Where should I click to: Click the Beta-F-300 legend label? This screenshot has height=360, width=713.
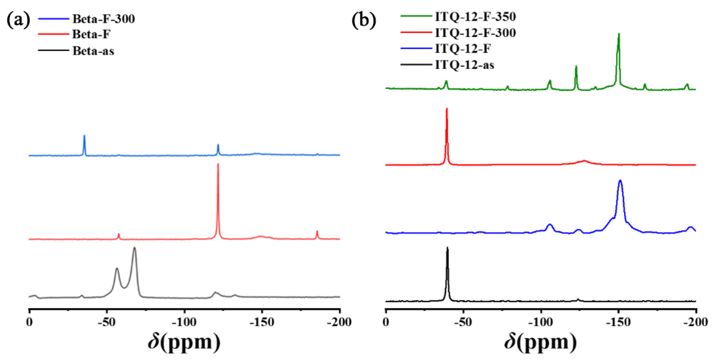[104, 19]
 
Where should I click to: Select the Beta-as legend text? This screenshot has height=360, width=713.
[93, 51]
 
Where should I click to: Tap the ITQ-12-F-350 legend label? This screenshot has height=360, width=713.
[475, 17]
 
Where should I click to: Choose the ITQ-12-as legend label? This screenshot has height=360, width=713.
[465, 65]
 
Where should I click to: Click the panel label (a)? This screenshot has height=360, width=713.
[18, 20]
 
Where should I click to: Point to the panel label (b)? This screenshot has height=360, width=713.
[364, 20]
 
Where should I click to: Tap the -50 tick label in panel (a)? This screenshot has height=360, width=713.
[107, 322]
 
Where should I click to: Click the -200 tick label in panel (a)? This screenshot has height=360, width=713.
[339, 322]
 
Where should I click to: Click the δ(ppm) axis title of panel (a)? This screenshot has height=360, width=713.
[184, 342]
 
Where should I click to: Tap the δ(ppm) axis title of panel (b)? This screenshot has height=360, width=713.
[540, 342]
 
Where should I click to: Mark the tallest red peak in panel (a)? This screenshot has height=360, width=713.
[218, 164]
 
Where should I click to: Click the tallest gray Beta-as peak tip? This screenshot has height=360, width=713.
[135, 248]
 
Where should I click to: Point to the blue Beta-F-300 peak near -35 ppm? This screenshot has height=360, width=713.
[84, 136]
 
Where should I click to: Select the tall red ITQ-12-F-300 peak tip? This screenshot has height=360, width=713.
[447, 109]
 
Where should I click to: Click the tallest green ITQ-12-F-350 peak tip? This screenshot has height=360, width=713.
[619, 34]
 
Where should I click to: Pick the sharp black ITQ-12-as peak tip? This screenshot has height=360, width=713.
[447, 247]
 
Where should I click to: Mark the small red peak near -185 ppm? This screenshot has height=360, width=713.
[317, 231]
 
